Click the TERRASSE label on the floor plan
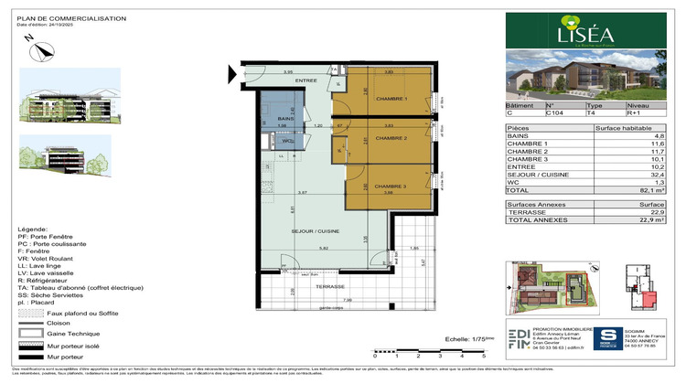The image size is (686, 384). [305, 285]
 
